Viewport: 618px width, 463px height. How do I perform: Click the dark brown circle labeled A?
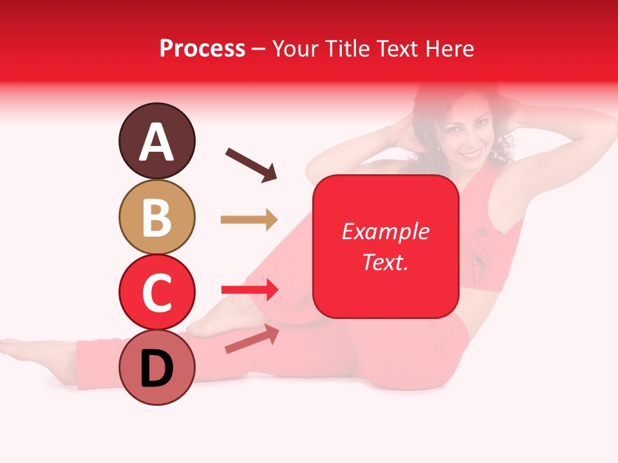click(156, 141)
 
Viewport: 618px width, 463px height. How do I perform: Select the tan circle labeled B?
click(156, 217)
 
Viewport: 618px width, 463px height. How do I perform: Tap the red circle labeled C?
click(156, 292)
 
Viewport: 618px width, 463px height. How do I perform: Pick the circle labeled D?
click(156, 367)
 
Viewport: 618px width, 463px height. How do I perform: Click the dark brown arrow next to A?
click(251, 165)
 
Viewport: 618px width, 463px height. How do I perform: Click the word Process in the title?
click(202, 48)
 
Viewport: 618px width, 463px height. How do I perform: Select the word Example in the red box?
click(385, 232)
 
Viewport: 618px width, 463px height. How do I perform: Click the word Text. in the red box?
click(385, 262)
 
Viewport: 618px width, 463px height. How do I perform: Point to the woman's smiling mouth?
click(472, 155)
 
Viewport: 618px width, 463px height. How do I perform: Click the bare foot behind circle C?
click(219, 322)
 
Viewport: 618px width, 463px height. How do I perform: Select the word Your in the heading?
click(295, 48)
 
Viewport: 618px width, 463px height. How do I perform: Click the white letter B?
click(156, 217)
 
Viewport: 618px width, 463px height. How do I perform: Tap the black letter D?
click(156, 368)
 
